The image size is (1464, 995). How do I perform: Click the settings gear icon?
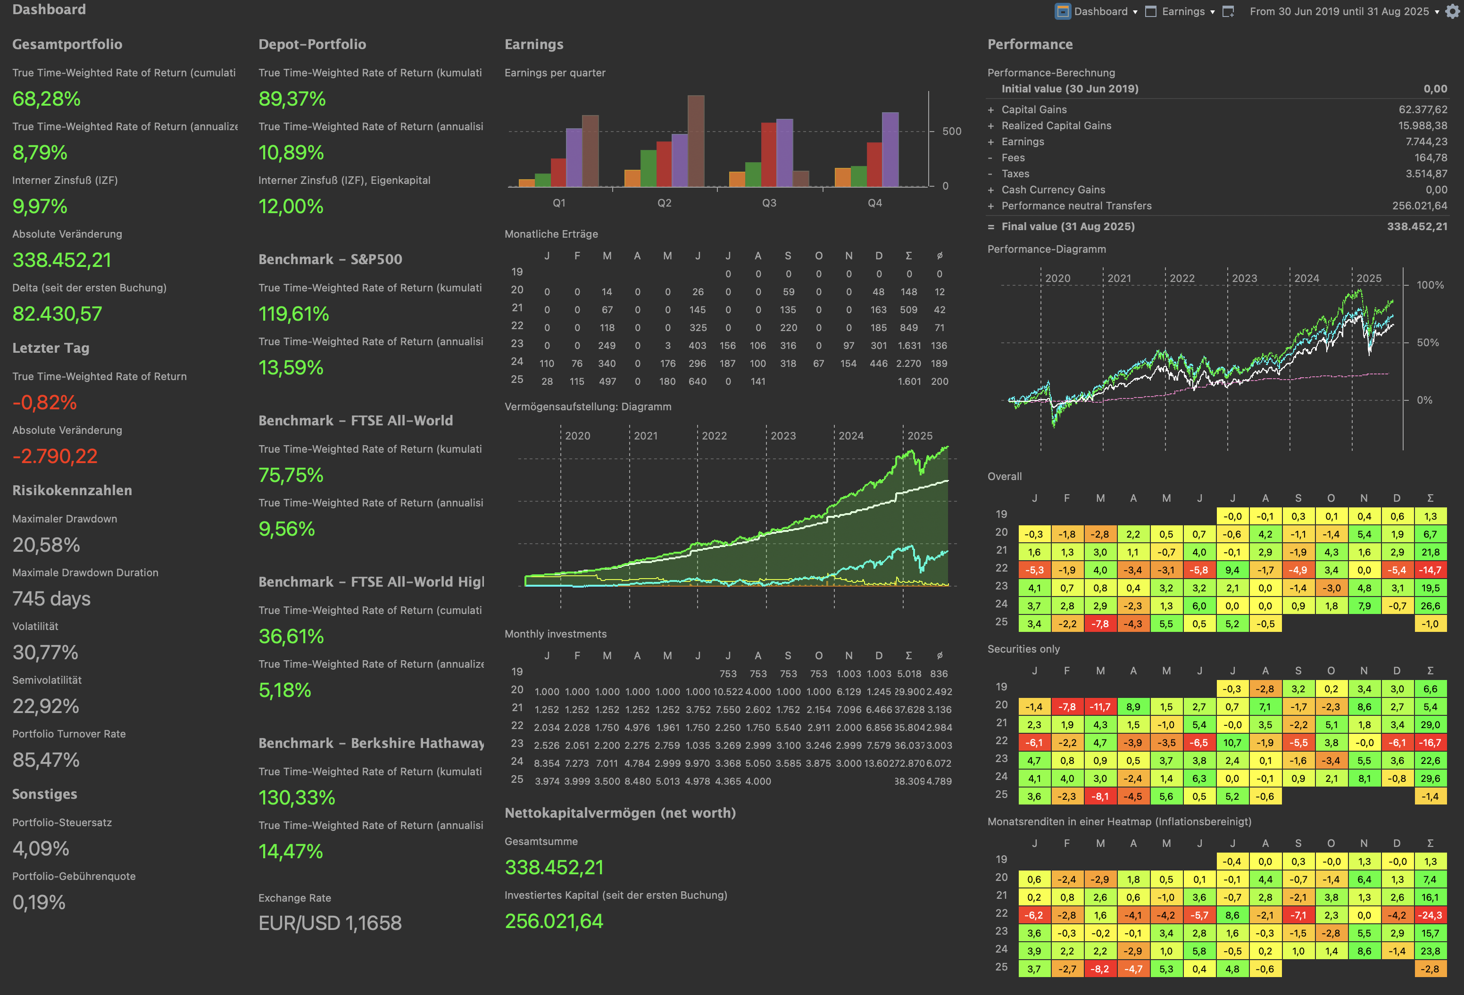pos(1452,11)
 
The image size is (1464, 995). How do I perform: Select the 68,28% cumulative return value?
pos(47,99)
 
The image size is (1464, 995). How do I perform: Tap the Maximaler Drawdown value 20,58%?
pos(46,545)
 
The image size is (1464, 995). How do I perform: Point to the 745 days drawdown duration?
pos(52,598)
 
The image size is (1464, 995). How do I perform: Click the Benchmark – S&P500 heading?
pos(330,259)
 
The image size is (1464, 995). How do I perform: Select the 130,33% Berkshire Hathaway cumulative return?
pos(297,798)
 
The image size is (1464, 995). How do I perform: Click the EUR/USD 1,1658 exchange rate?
pos(330,923)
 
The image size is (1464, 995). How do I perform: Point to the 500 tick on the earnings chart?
pos(951,132)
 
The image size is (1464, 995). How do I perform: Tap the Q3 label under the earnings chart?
pos(769,203)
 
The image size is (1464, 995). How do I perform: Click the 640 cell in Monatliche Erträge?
pos(698,381)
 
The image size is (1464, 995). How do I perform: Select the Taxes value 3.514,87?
pos(1426,174)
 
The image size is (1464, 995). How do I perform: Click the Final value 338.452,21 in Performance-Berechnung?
pos(1417,227)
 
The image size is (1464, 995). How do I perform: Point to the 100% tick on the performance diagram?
pos(1430,285)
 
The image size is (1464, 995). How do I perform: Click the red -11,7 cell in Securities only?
pos(1100,707)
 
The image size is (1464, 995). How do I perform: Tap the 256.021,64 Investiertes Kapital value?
pos(554,921)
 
